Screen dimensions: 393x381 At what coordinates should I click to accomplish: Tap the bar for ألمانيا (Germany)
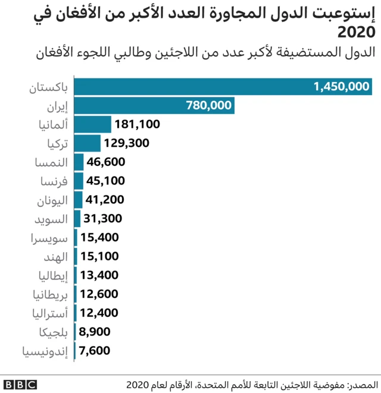click(92, 124)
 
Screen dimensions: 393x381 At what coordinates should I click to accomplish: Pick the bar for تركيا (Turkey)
click(87, 143)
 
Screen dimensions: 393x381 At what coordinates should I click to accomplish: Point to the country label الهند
click(55, 256)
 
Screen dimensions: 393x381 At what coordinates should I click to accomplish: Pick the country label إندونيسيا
click(45, 351)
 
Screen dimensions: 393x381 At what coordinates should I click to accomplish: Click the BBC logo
click(20, 384)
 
